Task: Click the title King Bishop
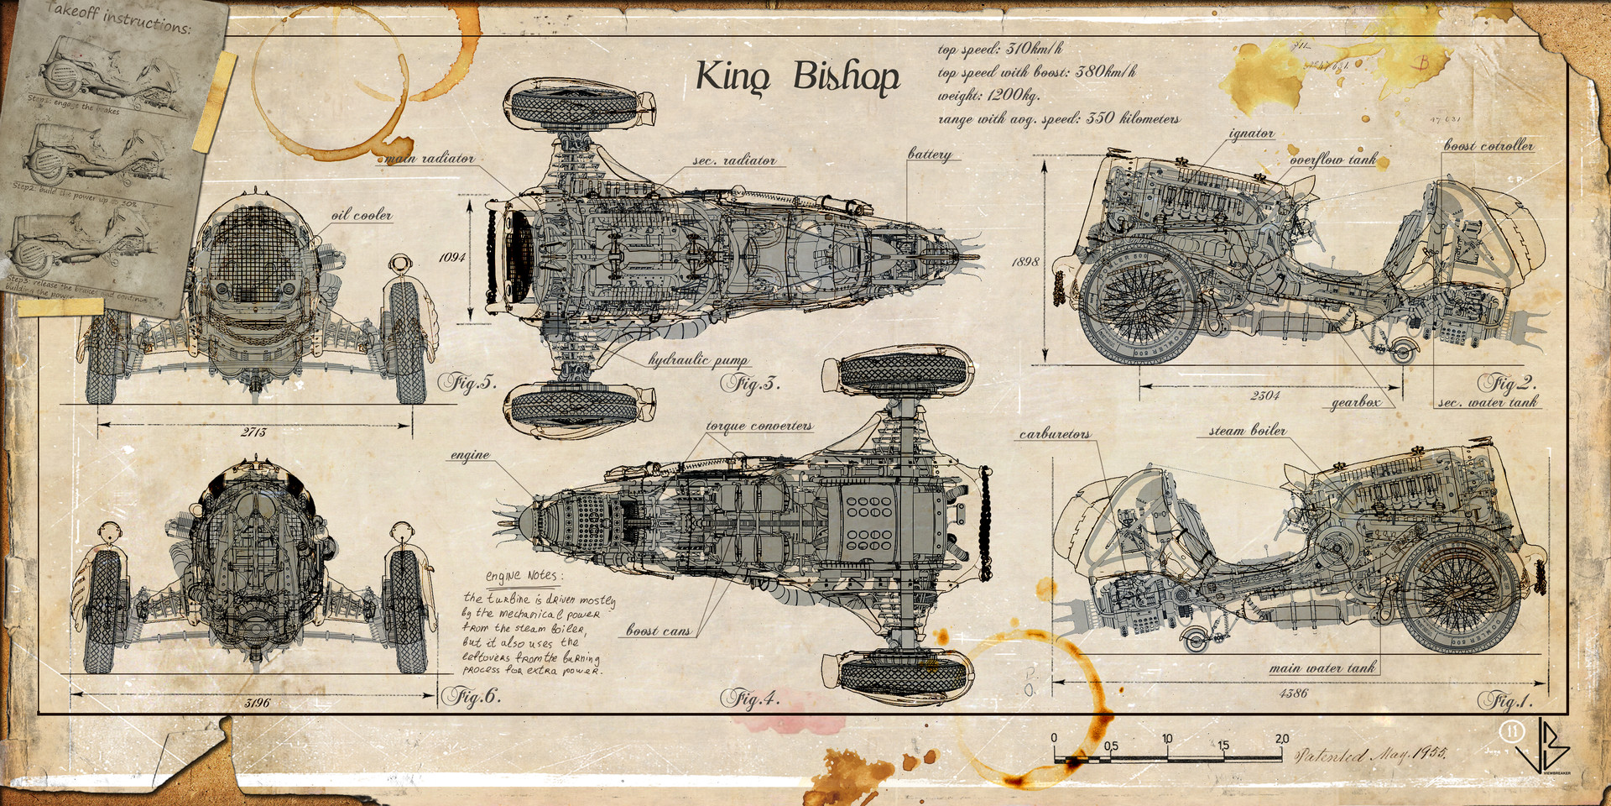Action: point(797,77)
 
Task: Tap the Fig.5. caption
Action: point(467,384)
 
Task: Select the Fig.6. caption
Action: point(471,696)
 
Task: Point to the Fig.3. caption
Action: point(751,385)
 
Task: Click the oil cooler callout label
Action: point(361,215)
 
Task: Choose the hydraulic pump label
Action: point(698,360)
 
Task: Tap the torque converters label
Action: point(759,426)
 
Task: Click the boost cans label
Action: point(659,631)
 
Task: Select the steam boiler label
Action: point(1247,431)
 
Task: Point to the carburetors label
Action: point(1055,434)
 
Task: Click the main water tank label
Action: point(1322,668)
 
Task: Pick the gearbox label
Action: point(1356,403)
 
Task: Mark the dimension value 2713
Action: point(253,432)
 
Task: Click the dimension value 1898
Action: point(1024,262)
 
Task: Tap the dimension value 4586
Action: point(1293,693)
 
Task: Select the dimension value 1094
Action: point(452,257)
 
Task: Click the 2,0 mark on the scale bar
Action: point(1281,739)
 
